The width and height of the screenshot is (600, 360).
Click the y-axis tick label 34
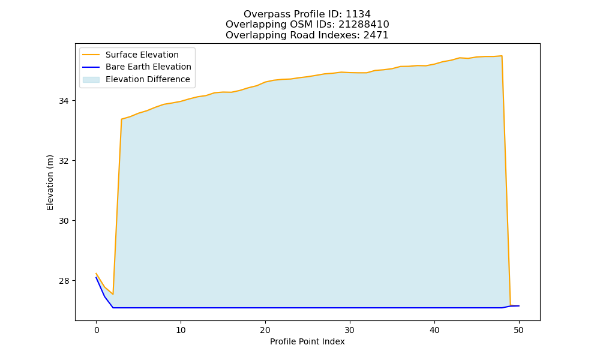click(x=64, y=101)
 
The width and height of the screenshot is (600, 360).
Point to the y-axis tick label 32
click(x=64, y=161)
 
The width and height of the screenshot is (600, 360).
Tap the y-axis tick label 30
click(x=64, y=221)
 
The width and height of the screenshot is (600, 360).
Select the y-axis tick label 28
click(x=64, y=281)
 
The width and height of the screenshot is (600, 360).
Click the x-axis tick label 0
click(x=96, y=330)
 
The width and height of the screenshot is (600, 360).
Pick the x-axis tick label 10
click(x=181, y=330)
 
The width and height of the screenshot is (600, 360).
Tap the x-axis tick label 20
click(x=265, y=330)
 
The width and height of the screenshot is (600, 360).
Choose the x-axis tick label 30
click(x=350, y=330)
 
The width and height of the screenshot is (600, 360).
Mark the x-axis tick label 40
click(x=434, y=330)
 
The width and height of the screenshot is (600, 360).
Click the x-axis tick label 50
click(x=519, y=330)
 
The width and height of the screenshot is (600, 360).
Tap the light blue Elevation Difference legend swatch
click(x=91, y=80)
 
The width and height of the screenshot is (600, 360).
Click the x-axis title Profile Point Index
click(x=307, y=341)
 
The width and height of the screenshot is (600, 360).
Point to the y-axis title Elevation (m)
click(x=50, y=182)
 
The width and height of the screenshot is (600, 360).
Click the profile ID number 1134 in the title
click(x=358, y=14)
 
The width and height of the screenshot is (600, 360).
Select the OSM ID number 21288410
click(x=364, y=25)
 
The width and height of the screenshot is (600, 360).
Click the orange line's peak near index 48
click(x=502, y=56)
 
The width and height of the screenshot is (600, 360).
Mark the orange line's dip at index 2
click(x=113, y=294)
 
